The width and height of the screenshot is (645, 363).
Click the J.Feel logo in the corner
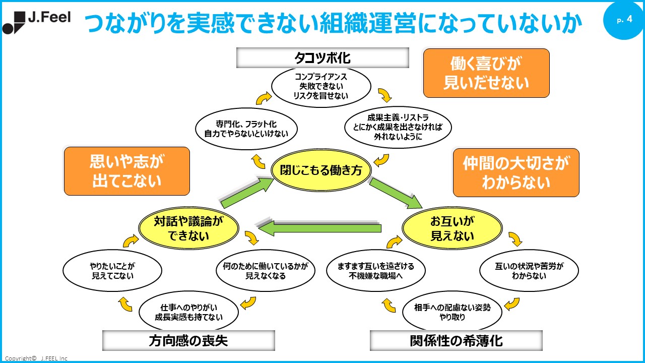[36, 22]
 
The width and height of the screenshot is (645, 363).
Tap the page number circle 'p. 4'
[624, 20]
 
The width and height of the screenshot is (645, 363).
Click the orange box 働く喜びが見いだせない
[486, 73]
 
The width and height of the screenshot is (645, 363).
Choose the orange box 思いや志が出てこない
[127, 171]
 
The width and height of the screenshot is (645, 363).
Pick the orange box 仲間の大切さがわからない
[516, 172]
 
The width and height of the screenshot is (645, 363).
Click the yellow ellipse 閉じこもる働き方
[321, 170]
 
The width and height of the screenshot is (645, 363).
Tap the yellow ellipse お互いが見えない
[452, 228]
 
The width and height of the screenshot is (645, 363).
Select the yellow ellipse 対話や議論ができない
[188, 228]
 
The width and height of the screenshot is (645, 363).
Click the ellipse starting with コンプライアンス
[321, 85]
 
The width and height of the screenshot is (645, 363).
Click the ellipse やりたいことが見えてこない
[112, 271]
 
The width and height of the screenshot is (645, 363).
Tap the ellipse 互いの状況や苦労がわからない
[529, 271]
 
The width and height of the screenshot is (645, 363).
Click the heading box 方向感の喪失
[188, 341]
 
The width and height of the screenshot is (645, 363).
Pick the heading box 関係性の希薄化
[456, 341]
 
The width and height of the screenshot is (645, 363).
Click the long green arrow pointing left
[320, 228]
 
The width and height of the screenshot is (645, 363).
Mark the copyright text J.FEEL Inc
[36, 358]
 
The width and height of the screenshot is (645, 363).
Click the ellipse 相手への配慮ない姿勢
[452, 312]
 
